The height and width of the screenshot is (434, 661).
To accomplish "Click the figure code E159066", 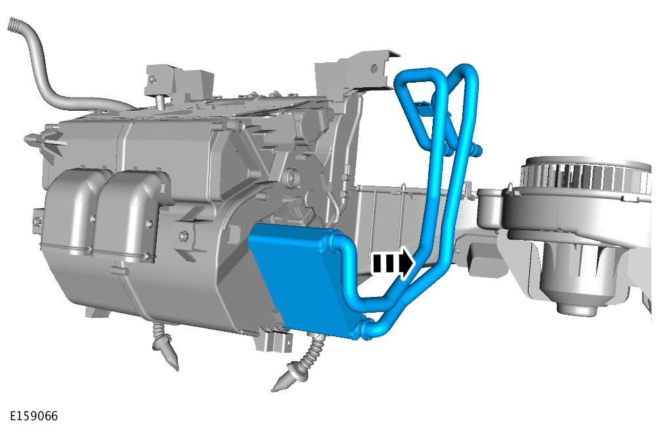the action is pos(33,416).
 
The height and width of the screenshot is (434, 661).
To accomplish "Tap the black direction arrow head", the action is pos(407,263).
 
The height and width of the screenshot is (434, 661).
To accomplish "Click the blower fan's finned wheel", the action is pos(586,176).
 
